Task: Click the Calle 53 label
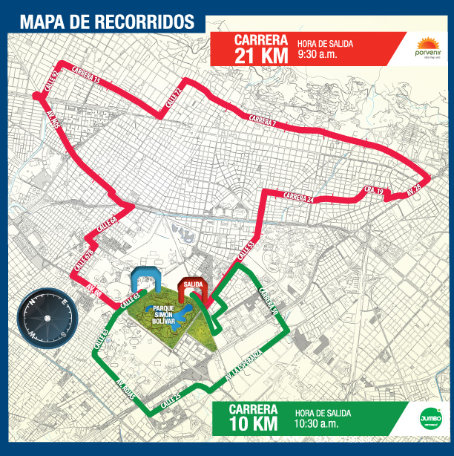pyautogui.click(x=245, y=251)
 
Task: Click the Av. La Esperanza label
pyautogui.click(x=244, y=368)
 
